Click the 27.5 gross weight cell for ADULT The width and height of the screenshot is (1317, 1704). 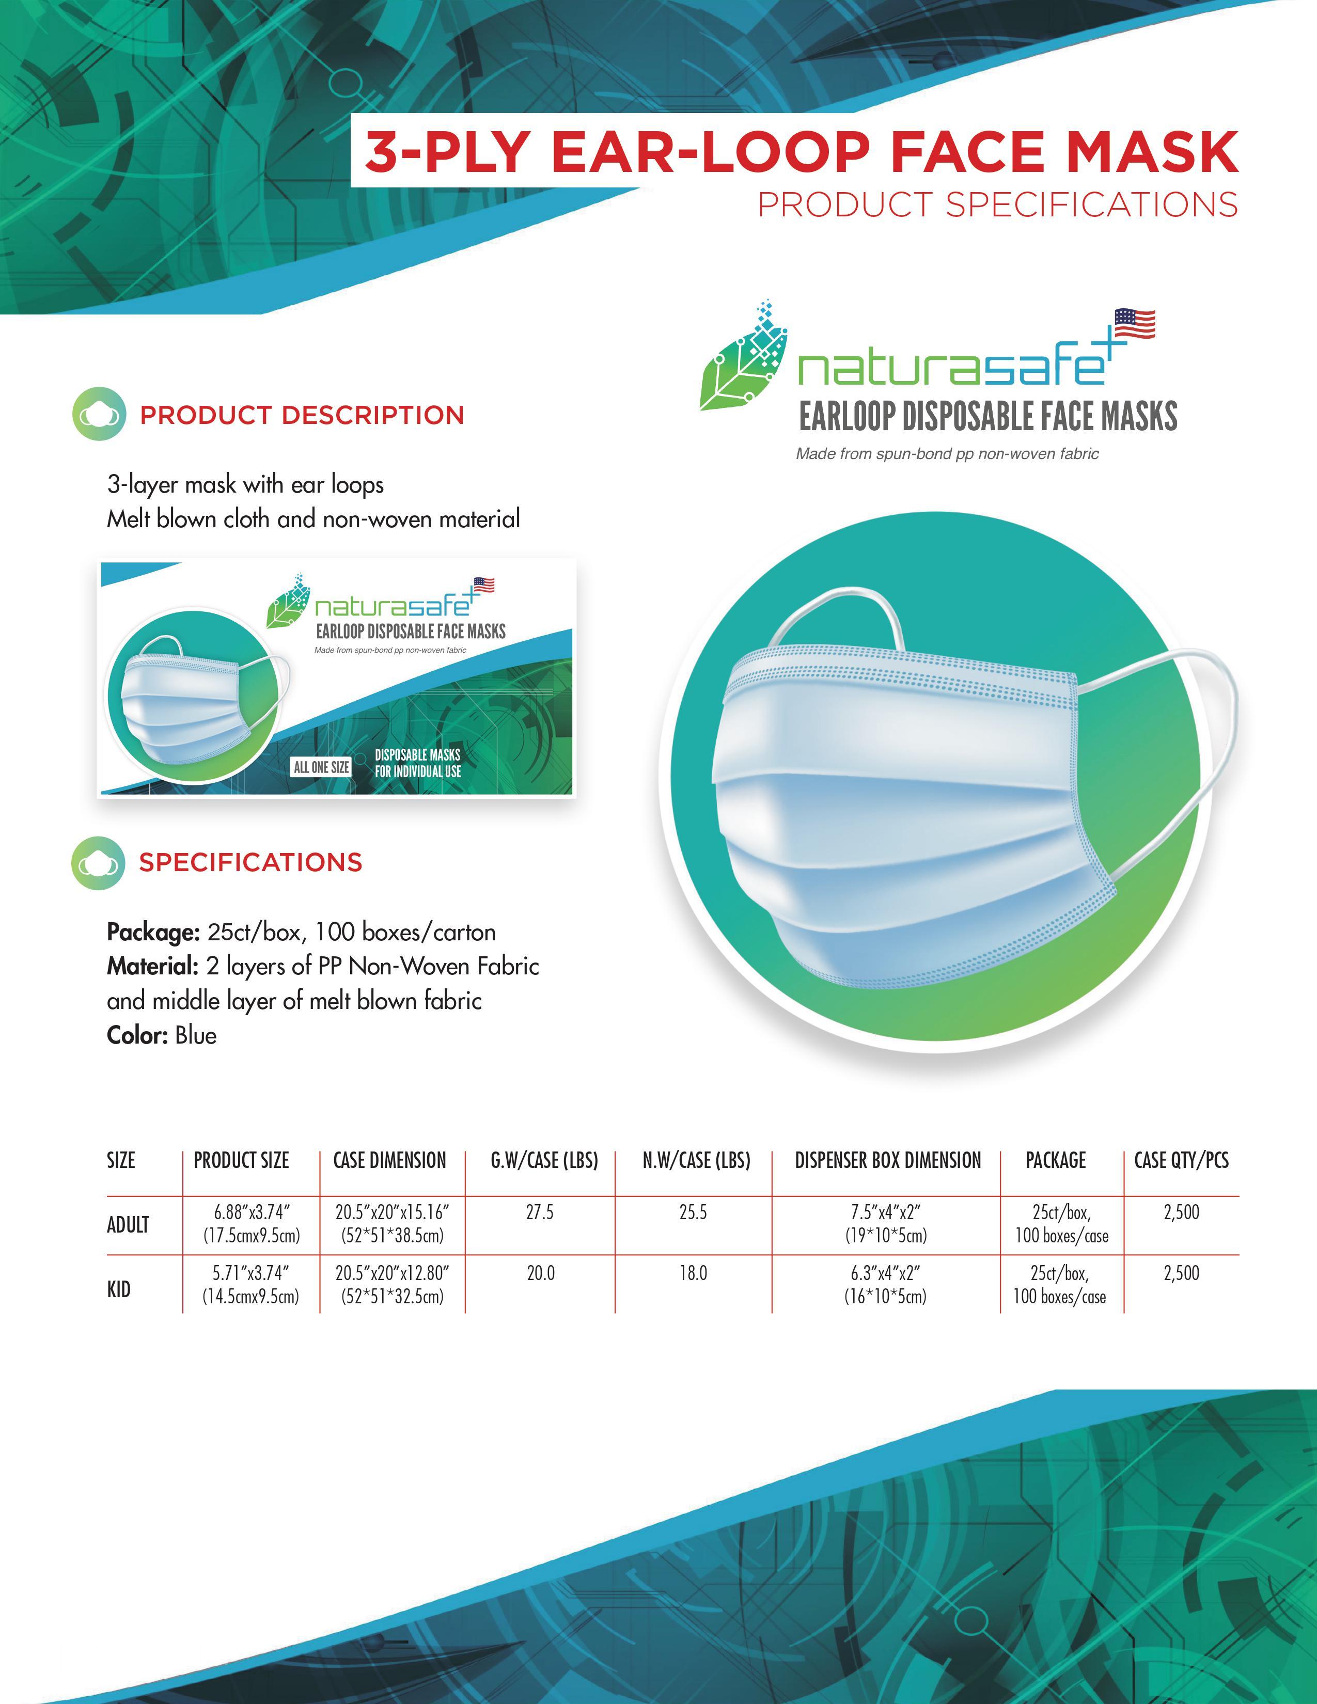pos(540,1212)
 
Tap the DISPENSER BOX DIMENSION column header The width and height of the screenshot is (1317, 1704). pos(888,1160)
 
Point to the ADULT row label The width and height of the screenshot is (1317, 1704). pos(128,1224)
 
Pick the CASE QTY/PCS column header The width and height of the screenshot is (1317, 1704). pos(1181,1160)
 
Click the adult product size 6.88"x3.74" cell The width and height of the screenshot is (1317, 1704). pos(251,1223)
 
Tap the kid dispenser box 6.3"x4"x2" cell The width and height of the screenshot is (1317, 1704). pos(886,1284)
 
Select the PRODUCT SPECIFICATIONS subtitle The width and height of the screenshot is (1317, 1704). pos(998,205)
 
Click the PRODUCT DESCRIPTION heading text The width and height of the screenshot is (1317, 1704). pos(302,415)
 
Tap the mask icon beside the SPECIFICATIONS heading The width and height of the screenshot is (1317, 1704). pos(98,863)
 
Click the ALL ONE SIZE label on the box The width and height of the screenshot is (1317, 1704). pos(321,767)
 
